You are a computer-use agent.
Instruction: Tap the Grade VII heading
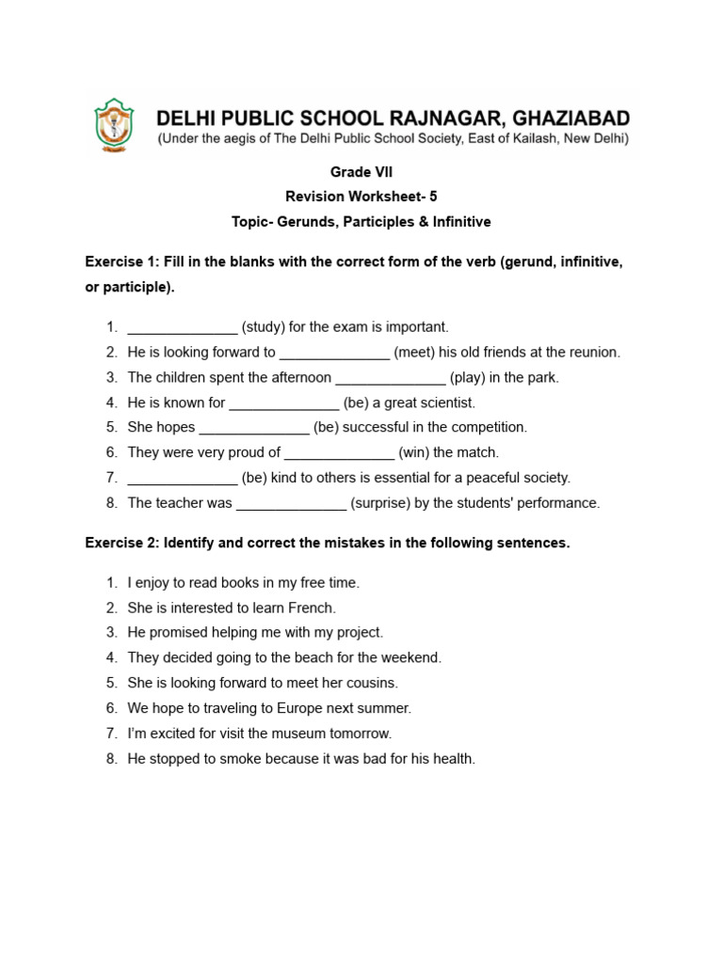[x=361, y=172]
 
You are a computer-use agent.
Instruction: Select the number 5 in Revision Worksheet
[x=433, y=197]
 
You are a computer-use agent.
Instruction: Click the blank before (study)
[x=182, y=327]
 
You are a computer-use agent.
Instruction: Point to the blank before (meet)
[x=334, y=353]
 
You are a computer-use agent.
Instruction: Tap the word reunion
[x=594, y=353]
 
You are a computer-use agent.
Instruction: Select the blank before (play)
[x=391, y=378]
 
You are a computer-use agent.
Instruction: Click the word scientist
[x=445, y=403]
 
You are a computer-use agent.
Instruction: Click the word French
[x=313, y=608]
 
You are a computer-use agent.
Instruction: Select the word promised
[x=176, y=633]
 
